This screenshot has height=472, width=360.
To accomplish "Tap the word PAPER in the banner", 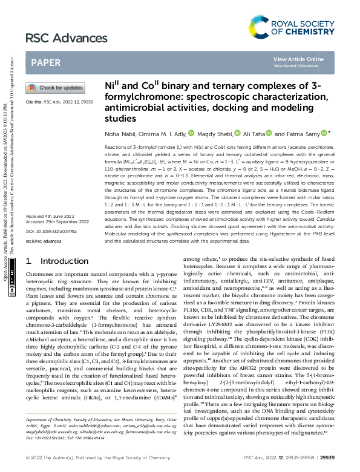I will click(45, 62).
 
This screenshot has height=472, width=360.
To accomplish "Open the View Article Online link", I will click(298, 59).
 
